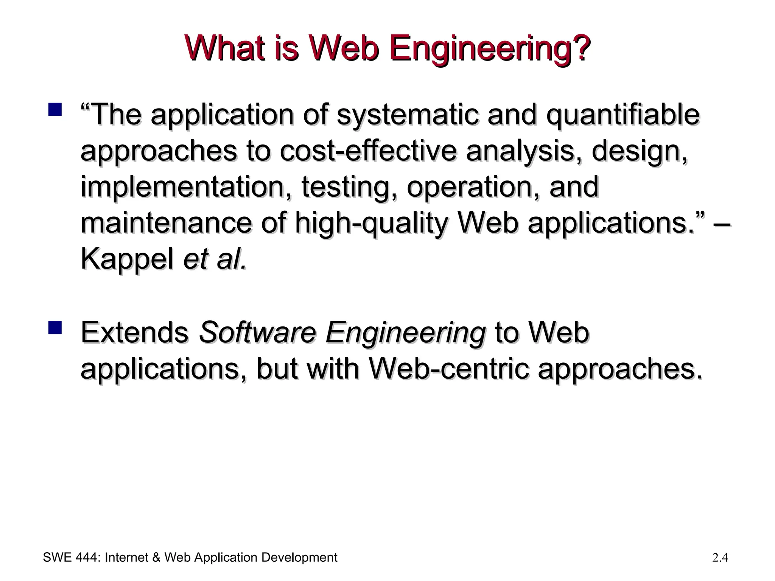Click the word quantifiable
coord(622,114)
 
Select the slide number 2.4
coord(720,558)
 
